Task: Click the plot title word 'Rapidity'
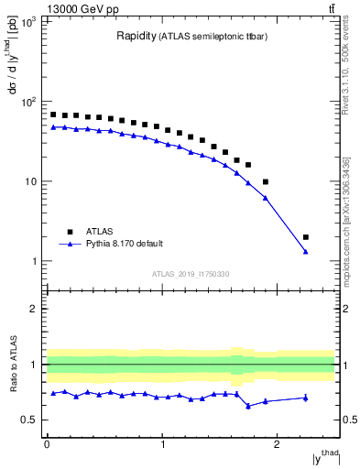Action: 136,37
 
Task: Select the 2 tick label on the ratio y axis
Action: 36,309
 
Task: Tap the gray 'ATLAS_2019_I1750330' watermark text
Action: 191,274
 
